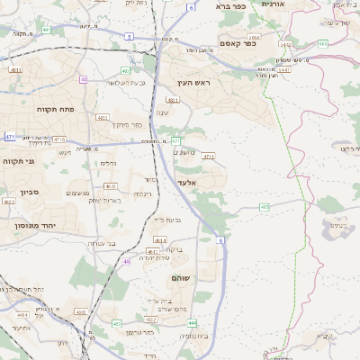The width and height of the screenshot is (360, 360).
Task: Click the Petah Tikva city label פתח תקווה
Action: pos(34,109)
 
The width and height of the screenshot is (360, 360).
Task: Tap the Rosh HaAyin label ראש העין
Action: pos(192,83)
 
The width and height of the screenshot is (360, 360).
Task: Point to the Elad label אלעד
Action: pos(186,183)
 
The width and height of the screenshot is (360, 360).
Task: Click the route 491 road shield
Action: pos(46,31)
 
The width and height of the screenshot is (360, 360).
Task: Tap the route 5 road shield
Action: pos(130,37)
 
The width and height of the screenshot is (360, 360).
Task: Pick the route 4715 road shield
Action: pos(58,139)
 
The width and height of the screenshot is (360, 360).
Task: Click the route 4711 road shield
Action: pos(209,157)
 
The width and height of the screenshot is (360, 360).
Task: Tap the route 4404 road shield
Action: pos(21,315)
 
